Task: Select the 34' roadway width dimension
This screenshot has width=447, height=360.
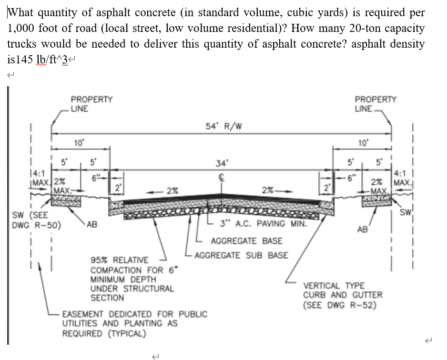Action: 221,163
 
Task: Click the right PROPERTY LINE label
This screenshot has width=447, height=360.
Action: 375,104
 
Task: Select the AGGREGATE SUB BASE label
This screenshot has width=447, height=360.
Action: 241,255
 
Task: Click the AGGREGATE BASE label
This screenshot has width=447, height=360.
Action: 246,241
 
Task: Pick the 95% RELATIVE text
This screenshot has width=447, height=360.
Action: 120,260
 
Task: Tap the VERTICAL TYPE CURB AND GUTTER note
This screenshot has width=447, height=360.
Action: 343,295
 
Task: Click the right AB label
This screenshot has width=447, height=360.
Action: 362,230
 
